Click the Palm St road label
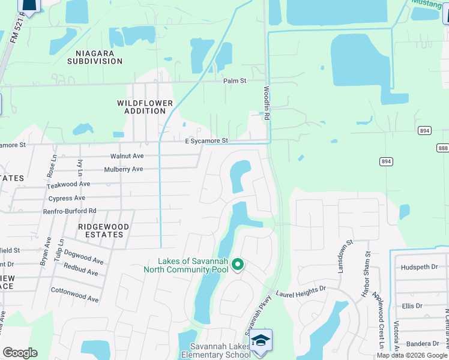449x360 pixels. pyautogui.click(x=235, y=81)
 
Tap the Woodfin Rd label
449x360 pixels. pyautogui.click(x=267, y=105)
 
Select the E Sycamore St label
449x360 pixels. pyautogui.click(x=206, y=141)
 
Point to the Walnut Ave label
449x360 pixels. pyautogui.click(x=127, y=156)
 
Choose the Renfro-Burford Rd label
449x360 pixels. pyautogui.click(x=69, y=211)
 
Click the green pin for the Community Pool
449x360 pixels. pyautogui.click(x=238, y=263)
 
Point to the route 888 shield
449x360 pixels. pyautogui.click(x=443, y=148)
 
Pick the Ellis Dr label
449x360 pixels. pyautogui.click(x=412, y=306)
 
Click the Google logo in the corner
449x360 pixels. pyautogui.click(x=20, y=353)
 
